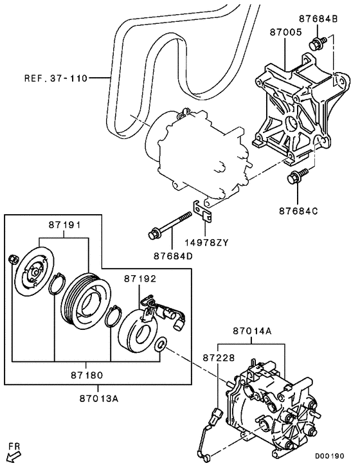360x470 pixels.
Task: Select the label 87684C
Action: (299, 210)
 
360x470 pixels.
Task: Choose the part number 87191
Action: (65, 226)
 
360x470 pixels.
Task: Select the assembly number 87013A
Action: (97, 398)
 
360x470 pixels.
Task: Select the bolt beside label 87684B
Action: (316, 44)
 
